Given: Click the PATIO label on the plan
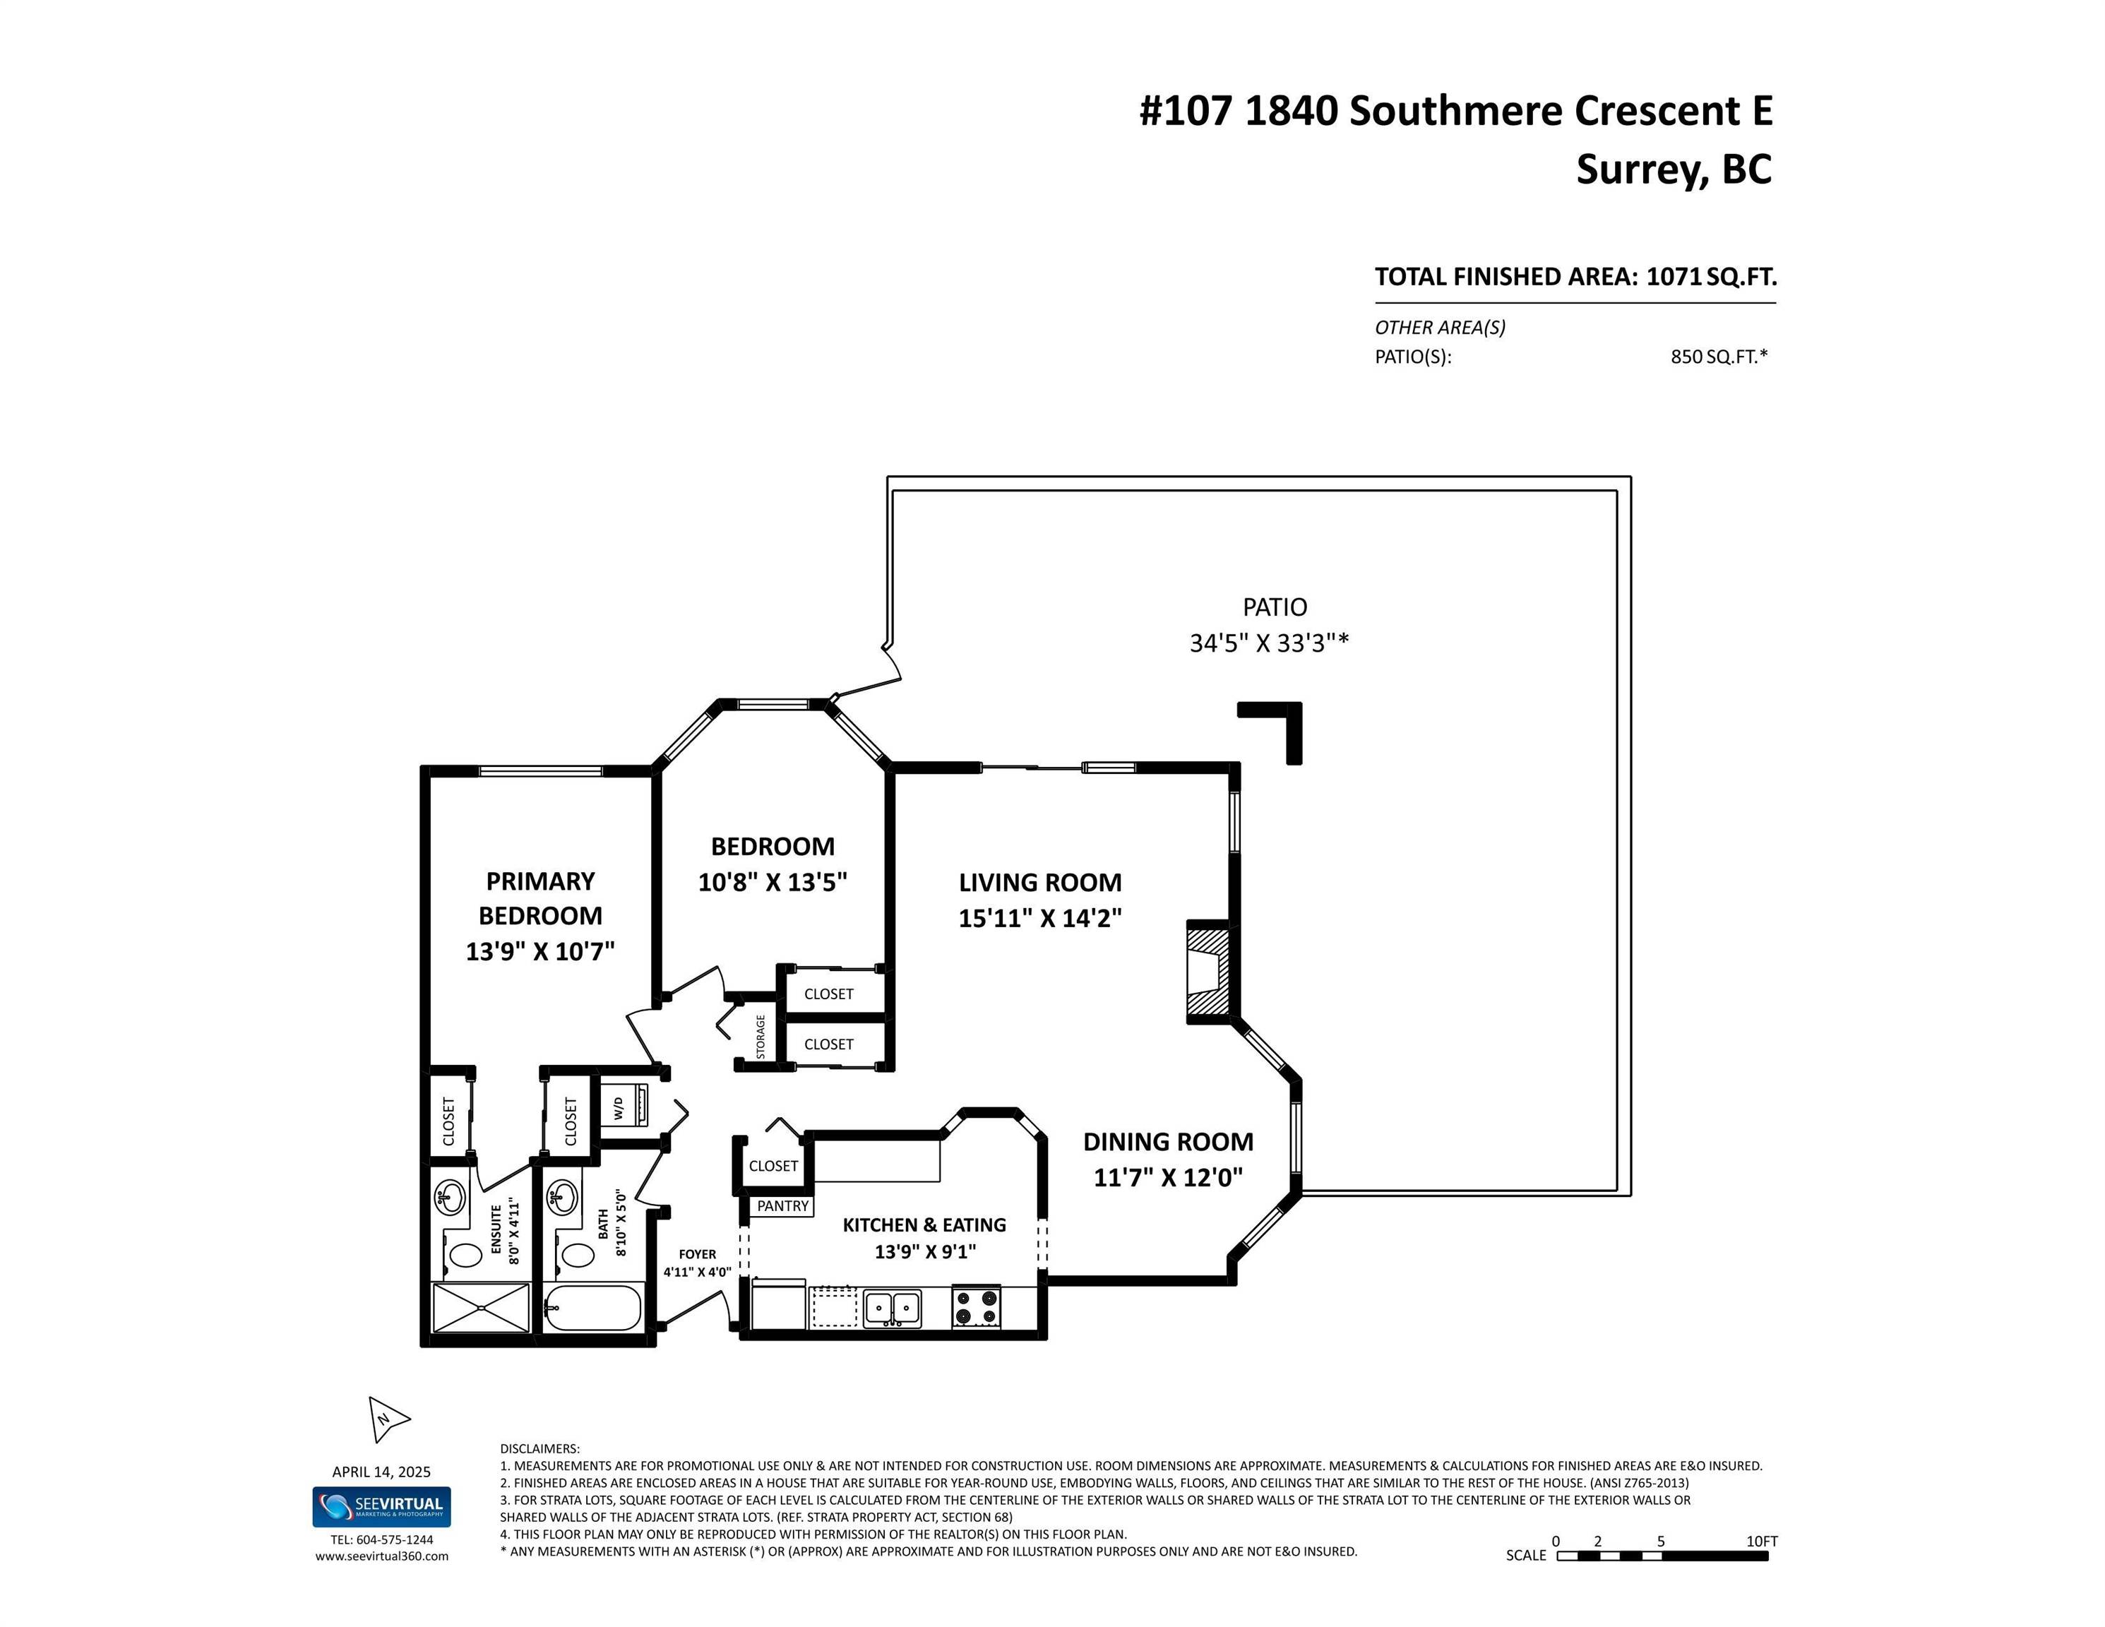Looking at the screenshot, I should (x=1274, y=607).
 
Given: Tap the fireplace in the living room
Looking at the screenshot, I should (x=1207, y=974).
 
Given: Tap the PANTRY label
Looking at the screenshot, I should (x=782, y=1206).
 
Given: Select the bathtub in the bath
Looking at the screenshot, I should (x=592, y=1308).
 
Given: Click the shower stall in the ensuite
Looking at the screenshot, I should (x=480, y=1308).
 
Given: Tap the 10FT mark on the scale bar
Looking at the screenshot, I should (x=1761, y=1542).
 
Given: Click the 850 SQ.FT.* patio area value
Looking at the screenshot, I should (x=1719, y=357).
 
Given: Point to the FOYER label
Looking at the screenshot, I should (x=697, y=1254).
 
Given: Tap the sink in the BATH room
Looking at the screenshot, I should (x=562, y=1198).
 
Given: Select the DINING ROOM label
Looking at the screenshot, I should (x=1167, y=1141).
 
